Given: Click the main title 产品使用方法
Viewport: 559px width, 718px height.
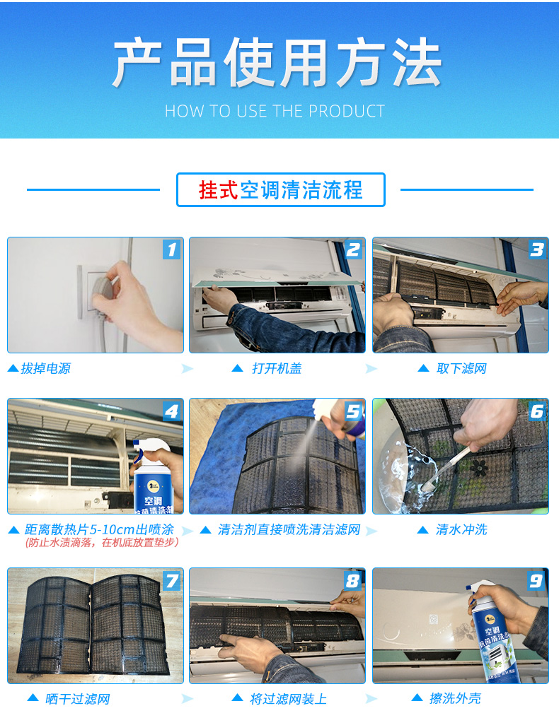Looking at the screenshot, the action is (277, 62).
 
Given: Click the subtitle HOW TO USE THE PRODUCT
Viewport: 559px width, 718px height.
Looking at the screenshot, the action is (275, 111).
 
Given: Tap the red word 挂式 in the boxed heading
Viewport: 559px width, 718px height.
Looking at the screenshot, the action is (218, 189).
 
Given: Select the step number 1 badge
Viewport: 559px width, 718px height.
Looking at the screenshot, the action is (171, 249).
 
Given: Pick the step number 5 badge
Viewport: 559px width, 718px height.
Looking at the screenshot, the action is (353, 411).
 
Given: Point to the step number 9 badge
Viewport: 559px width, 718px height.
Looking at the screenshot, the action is (536, 581).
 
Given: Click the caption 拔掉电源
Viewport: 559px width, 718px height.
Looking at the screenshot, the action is (45, 368).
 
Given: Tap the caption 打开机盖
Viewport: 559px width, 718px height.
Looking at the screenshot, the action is (277, 368).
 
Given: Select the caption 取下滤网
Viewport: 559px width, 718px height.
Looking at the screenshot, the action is (461, 368).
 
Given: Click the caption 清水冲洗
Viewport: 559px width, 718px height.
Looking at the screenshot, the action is (461, 530).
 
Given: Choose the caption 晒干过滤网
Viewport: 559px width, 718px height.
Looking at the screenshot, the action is (78, 699).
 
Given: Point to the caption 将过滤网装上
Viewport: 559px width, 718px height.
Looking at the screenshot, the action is (288, 699).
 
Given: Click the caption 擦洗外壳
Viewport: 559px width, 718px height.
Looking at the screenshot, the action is (455, 698).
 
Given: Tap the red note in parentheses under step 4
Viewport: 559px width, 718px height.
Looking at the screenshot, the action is (102, 543).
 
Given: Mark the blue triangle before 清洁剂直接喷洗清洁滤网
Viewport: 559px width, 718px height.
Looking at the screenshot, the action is (205, 530).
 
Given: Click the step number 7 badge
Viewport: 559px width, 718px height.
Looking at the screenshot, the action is (171, 581).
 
